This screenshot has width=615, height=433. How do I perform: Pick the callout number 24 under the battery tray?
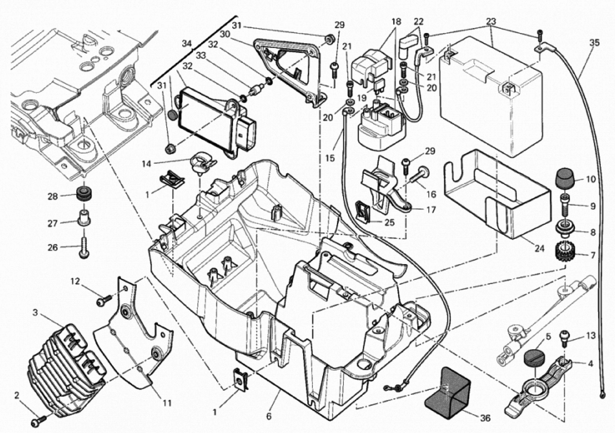click(x=539, y=249)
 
